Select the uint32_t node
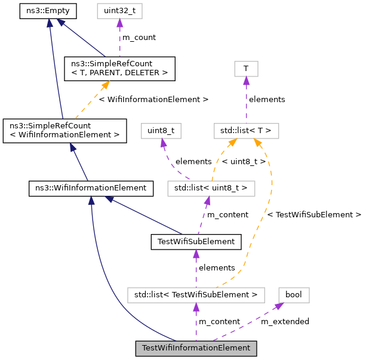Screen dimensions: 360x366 pos(119,10)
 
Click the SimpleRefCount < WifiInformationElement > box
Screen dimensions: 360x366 pos(64,130)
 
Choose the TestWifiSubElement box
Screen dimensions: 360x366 pos(196,242)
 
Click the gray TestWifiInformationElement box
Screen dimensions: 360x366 pos(196,348)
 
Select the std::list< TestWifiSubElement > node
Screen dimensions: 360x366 pos(196,294)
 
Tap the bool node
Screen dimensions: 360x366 pos(294,294)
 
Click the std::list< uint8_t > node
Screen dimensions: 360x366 pos(211,188)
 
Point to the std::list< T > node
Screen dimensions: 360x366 pos(246,130)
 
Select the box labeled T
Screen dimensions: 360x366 pos(246,69)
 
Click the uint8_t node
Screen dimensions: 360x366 pos(161,130)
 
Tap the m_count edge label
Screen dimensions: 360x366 pos(139,38)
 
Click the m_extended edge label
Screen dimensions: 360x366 pos(285,322)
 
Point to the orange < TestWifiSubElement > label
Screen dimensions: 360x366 pos(314,214)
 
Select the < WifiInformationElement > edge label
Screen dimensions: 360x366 pos(153,99)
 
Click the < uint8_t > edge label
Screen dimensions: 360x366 pos(244,161)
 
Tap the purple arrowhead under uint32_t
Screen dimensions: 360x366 pos(119,23)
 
